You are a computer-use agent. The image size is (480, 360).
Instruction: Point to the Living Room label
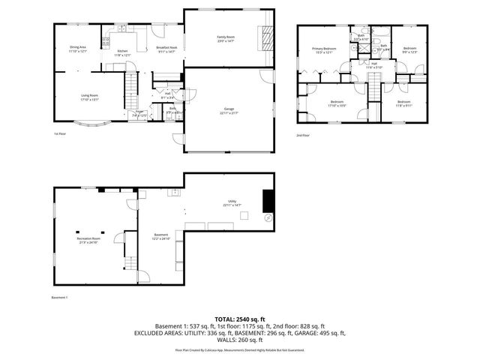91,97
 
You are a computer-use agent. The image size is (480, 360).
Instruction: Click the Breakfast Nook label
166,49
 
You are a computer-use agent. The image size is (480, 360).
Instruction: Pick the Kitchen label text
121,53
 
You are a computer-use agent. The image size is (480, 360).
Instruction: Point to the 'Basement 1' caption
60,298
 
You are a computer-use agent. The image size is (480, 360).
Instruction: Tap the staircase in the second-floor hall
372,89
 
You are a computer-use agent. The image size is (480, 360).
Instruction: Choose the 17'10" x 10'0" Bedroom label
337,103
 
